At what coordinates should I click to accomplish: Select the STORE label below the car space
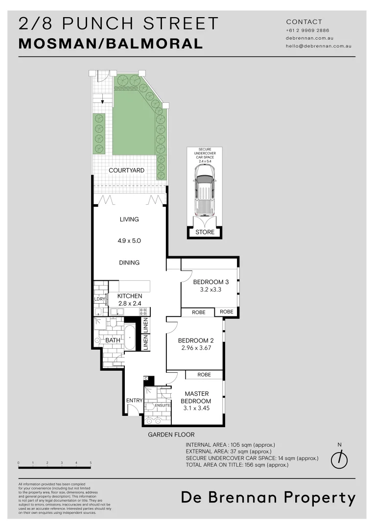tap(205, 232)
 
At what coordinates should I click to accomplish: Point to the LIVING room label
tap(129, 219)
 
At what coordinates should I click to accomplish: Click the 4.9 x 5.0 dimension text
tap(129, 241)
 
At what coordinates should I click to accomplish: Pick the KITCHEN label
tap(130, 296)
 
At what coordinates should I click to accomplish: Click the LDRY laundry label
tap(100, 299)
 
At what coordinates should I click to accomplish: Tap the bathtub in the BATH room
tap(129, 338)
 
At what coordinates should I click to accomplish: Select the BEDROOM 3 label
tap(210, 282)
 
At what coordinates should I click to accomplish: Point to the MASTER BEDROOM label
tap(197, 397)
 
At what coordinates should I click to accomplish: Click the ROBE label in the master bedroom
tap(204, 375)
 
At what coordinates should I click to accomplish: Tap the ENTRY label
tap(134, 401)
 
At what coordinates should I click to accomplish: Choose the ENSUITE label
tap(162, 406)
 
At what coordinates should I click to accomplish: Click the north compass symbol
tap(339, 459)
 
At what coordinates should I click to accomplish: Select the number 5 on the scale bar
tap(91, 463)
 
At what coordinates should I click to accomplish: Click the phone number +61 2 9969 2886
tap(307, 30)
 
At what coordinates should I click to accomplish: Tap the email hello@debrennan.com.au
tap(318, 46)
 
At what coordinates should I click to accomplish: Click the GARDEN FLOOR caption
tap(171, 434)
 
